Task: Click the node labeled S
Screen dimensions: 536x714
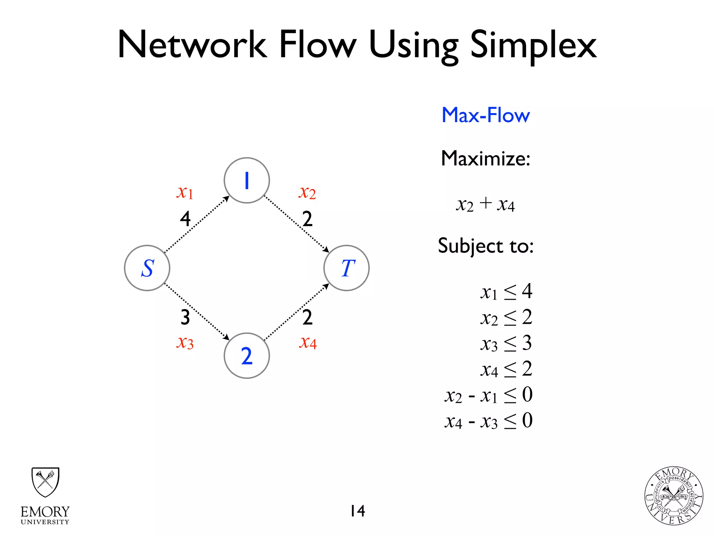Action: click(x=147, y=268)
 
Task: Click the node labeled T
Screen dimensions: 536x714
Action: click(x=347, y=268)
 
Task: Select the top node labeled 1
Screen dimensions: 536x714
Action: click(x=247, y=180)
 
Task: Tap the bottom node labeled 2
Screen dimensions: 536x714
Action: click(x=247, y=356)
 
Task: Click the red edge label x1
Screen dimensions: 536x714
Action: click(x=185, y=192)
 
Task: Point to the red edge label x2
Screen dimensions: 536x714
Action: click(x=307, y=192)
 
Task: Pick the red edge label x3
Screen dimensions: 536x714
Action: click(x=185, y=342)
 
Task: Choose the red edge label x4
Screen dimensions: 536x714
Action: click(x=307, y=342)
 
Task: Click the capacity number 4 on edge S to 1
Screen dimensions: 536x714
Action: click(x=185, y=219)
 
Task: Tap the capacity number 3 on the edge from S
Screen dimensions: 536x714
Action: click(x=185, y=317)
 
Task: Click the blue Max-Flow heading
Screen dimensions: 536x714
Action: click(x=486, y=115)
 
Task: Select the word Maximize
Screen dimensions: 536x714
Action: click(x=486, y=158)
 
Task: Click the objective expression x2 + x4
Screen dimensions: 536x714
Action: click(x=485, y=204)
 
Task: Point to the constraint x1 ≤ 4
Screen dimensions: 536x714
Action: click(x=506, y=292)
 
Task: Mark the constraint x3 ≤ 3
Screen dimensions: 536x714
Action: click(x=506, y=343)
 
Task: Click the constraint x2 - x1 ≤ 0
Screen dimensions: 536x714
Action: click(x=489, y=395)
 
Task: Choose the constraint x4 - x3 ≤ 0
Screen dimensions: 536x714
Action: click(x=489, y=421)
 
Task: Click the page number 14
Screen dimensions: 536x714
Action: click(x=358, y=511)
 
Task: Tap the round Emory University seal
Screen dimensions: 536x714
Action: click(x=674, y=496)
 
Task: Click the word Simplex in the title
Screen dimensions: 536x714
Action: click(x=533, y=45)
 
